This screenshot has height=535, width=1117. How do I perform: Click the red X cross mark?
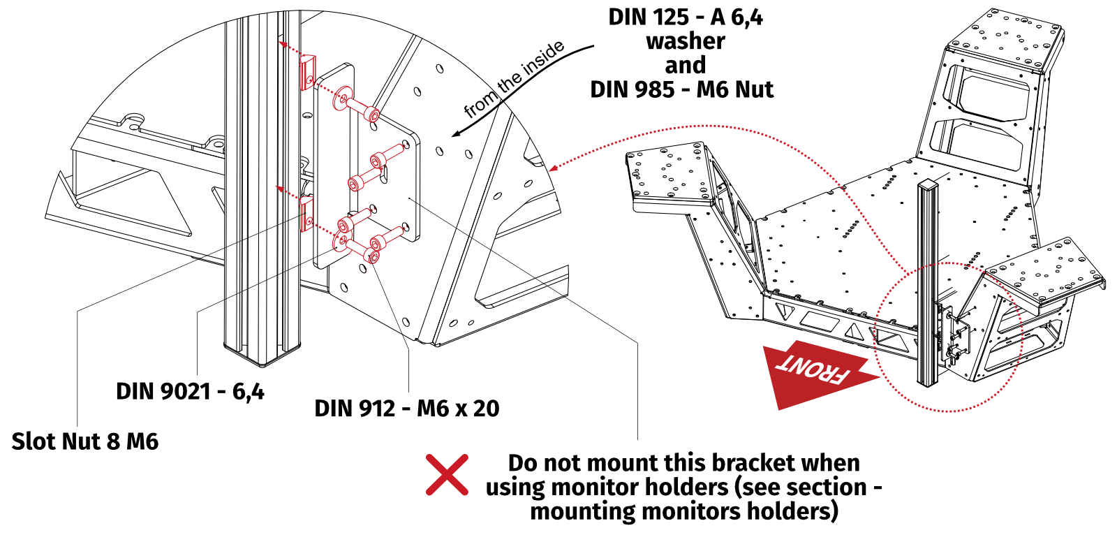[447, 476]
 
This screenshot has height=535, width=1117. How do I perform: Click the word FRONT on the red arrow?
[814, 369]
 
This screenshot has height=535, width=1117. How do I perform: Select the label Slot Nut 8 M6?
[84, 441]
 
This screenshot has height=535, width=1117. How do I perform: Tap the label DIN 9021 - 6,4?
[190, 391]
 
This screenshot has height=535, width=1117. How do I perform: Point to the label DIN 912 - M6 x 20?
[406, 408]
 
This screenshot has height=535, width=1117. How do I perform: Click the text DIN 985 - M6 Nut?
[681, 89]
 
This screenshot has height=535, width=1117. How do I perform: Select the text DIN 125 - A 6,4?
[685, 17]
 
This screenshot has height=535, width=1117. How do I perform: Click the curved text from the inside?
[514, 78]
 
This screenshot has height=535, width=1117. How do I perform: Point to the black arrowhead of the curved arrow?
[457, 133]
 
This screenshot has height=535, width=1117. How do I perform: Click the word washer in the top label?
[685, 41]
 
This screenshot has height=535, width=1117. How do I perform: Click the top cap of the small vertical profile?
[928, 184]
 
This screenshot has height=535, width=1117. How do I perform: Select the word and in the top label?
[685, 66]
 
